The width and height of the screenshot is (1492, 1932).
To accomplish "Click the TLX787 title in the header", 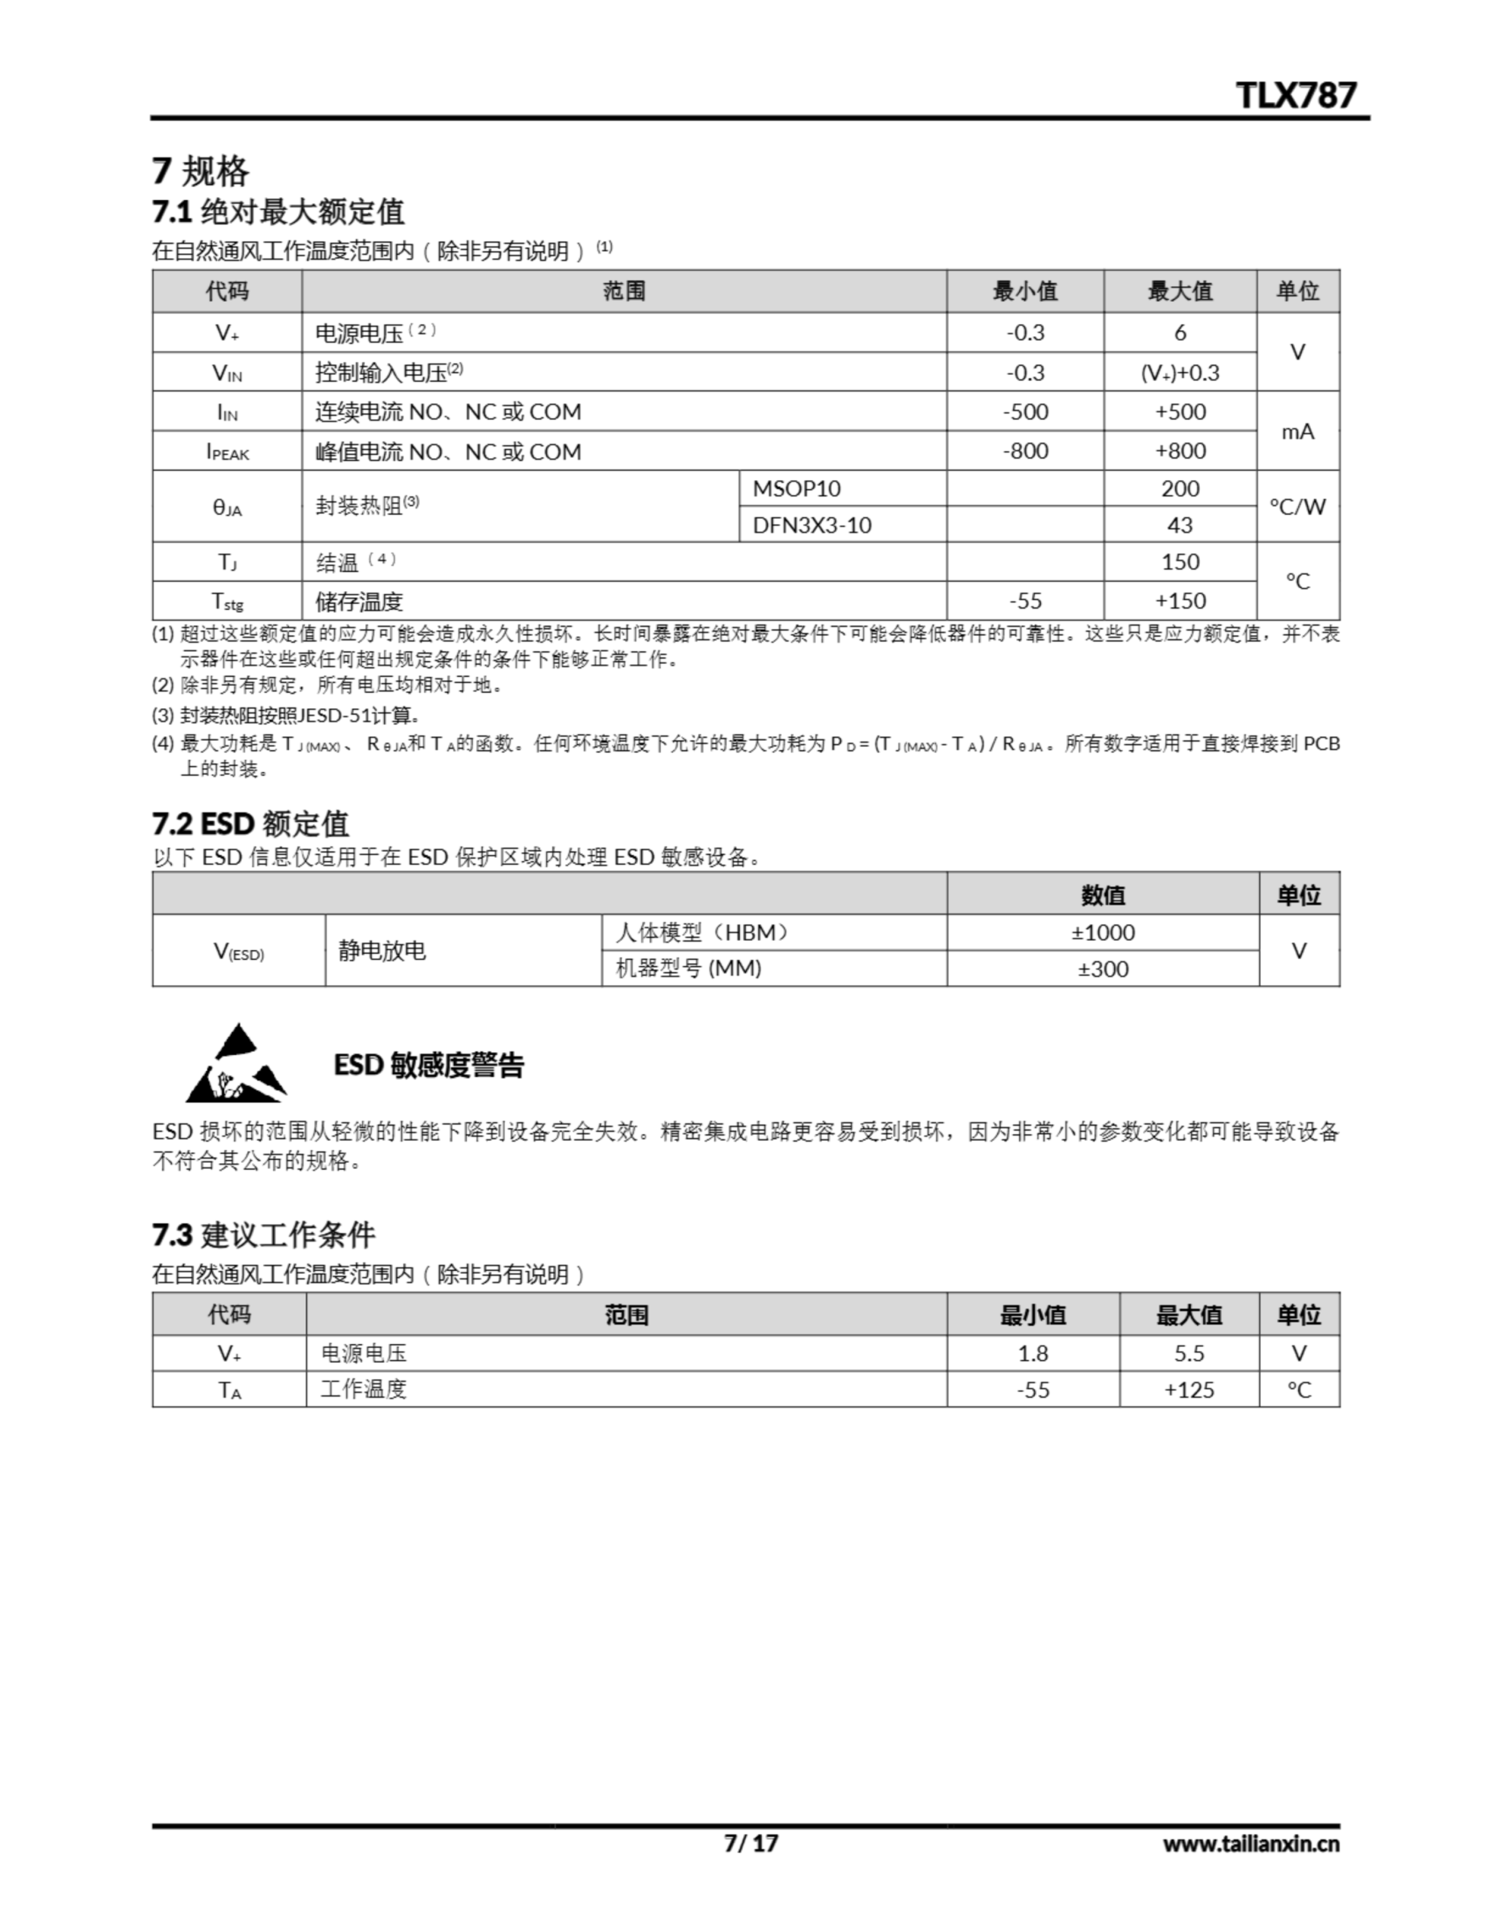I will click(x=1295, y=94).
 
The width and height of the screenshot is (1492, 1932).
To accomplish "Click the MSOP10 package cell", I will click(x=796, y=488).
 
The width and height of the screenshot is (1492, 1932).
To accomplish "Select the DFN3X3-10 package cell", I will click(x=811, y=525).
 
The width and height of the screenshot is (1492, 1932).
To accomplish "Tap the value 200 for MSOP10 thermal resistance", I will click(x=1179, y=488).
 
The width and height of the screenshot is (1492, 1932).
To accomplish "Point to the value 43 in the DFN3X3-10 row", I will click(x=1179, y=525).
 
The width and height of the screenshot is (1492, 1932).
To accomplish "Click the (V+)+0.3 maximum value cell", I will click(x=1179, y=372).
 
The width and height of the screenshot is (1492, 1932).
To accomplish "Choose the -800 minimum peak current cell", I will click(x=1025, y=451).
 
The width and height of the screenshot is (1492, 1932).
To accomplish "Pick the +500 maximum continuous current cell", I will click(x=1179, y=411).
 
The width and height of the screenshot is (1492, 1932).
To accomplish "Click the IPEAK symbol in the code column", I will click(x=227, y=452).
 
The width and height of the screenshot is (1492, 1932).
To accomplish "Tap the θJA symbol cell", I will click(x=227, y=507).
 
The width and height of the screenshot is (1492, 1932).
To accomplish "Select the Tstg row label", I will click(x=227, y=601).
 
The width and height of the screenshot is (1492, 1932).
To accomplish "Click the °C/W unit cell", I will click(x=1297, y=507).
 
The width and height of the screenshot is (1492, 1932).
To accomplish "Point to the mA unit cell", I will click(x=1297, y=432).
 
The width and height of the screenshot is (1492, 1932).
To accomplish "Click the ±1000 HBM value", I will click(x=1103, y=932).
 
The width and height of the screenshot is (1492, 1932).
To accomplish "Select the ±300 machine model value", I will click(x=1103, y=969).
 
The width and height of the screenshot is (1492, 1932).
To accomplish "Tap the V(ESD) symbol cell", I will click(x=239, y=952).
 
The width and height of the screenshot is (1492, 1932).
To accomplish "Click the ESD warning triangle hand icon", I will click(x=236, y=1064).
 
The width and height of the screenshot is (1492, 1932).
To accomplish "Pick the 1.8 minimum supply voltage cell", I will click(x=1032, y=1353).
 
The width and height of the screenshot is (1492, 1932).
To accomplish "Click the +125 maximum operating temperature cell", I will click(x=1189, y=1389).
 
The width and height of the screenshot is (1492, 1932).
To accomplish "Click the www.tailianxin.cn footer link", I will click(x=1251, y=1844).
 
